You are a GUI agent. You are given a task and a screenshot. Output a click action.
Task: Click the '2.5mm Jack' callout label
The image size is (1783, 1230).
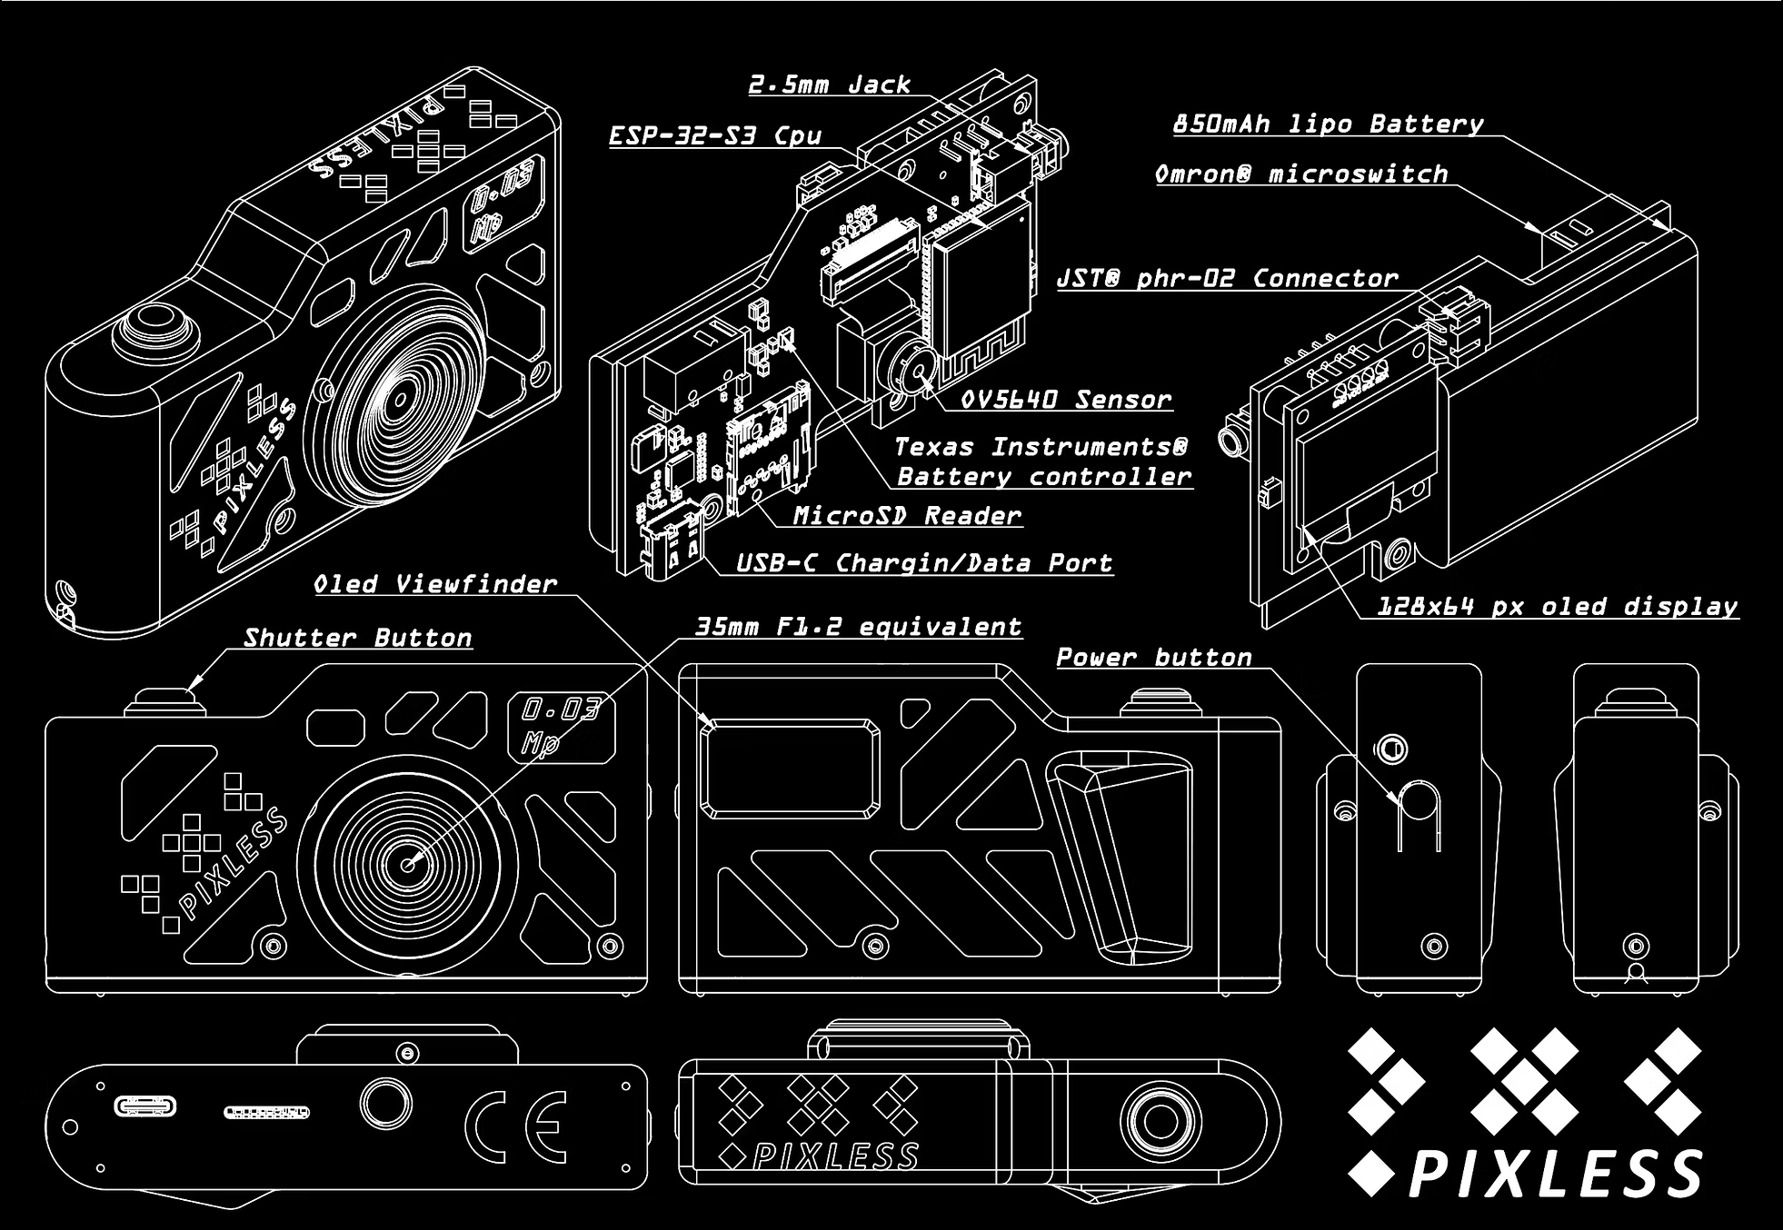coord(829,85)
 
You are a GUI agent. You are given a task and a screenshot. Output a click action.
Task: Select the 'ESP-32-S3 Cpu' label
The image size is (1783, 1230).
coord(715,136)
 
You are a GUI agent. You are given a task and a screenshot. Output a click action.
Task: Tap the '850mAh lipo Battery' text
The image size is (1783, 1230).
coord(1328,124)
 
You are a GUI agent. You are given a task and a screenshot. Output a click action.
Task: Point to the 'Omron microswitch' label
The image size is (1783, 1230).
coord(1301,174)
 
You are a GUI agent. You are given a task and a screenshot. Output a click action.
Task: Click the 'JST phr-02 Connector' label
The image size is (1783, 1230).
coord(1227,279)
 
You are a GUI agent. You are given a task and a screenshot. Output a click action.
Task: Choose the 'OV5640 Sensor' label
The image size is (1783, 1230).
coord(1066,400)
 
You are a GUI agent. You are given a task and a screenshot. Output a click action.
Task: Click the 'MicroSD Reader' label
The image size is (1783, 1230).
coord(907,516)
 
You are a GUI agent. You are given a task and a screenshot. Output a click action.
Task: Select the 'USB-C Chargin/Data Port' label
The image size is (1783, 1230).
coord(923,563)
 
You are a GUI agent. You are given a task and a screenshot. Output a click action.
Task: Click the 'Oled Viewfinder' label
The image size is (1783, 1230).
coord(435,584)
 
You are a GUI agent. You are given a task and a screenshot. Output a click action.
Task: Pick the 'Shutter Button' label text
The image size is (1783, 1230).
coord(358,638)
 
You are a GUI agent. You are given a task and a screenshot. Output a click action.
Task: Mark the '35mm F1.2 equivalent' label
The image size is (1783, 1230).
coord(858,627)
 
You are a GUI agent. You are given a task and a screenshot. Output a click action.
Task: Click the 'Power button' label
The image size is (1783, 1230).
coord(1154,658)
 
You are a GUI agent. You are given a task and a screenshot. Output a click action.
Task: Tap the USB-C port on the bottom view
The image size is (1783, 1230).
coord(145,1106)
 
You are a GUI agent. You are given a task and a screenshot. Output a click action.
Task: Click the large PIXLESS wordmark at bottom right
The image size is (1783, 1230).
coord(1556,1174)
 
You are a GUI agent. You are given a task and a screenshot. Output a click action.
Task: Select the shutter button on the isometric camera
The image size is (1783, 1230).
coord(155,331)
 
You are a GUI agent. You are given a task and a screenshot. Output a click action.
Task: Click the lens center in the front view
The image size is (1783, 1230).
coord(408,864)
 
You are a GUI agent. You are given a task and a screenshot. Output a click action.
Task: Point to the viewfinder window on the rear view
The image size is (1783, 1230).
coord(790,768)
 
